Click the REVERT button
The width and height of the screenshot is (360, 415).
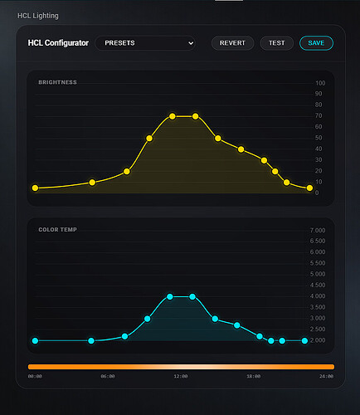[232, 43]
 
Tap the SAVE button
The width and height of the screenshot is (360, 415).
[316, 43]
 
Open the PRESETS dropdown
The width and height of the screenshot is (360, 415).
[145, 43]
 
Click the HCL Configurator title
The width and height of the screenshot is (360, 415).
[58, 42]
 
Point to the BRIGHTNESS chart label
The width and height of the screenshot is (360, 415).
[57, 83]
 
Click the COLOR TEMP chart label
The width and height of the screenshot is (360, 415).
[57, 229]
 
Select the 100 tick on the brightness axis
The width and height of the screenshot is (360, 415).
[320, 83]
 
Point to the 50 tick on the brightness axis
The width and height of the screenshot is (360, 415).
[320, 138]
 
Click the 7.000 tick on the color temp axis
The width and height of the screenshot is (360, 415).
[317, 230]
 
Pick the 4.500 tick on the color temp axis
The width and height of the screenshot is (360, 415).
[317, 285]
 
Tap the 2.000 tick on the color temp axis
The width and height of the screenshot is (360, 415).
[317, 340]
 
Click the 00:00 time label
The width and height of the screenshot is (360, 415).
[35, 377]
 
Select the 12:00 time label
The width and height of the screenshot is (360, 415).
[181, 377]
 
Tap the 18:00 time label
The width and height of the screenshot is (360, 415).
[254, 377]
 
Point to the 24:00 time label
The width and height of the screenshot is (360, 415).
[327, 377]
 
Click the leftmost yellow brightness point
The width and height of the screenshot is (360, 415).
[35, 188]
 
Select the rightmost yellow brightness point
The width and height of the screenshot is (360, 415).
[309, 188]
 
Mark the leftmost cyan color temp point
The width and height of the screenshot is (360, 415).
[35, 340]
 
